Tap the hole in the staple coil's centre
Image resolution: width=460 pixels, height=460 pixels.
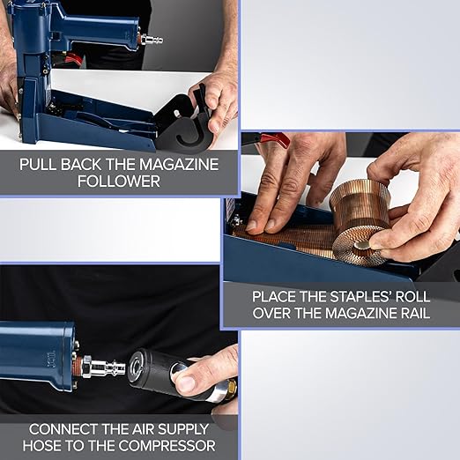362,246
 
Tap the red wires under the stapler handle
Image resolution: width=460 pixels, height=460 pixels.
75,59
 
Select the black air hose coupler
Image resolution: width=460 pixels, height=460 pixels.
160,369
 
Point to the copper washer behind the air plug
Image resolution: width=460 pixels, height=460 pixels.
85,364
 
